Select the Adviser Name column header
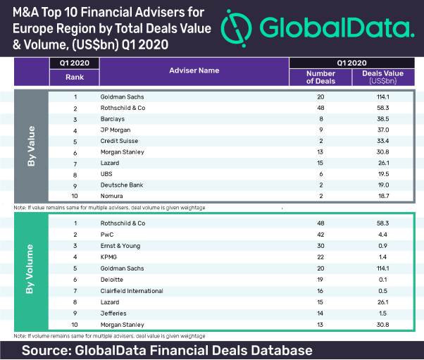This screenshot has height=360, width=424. pos(194,70)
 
